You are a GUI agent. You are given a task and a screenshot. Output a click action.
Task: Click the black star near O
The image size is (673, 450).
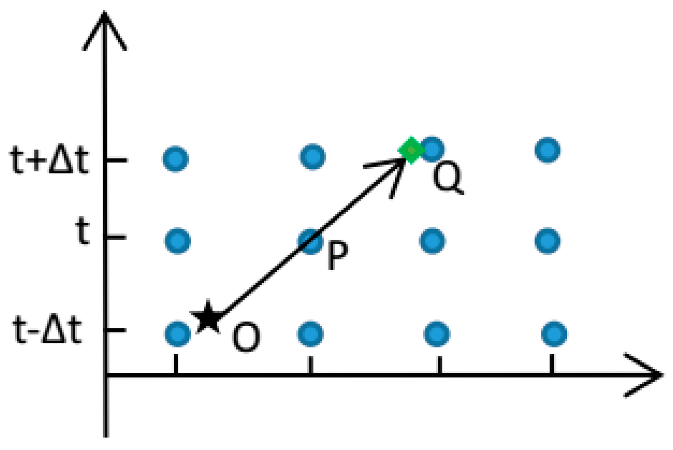[x=208, y=317]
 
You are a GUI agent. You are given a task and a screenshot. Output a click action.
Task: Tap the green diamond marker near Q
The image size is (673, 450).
[x=411, y=150]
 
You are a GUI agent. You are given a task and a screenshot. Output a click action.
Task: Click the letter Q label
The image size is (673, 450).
[x=447, y=178]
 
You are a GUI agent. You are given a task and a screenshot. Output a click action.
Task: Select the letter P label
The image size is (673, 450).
[x=337, y=256]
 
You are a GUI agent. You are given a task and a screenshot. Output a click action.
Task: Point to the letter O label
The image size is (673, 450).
[x=246, y=337]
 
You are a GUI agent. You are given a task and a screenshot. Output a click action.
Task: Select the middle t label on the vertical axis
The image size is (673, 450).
[x=83, y=232]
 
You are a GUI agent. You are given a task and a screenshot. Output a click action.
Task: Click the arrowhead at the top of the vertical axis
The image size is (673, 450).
[x=105, y=30]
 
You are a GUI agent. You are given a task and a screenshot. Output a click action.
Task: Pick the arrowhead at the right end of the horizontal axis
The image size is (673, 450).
[x=645, y=375]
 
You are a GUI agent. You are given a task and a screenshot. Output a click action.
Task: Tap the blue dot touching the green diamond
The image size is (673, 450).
[x=432, y=148]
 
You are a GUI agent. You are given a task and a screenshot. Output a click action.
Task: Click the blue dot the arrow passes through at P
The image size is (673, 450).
[x=311, y=241]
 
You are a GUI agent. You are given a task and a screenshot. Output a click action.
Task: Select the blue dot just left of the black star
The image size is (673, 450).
[x=178, y=333]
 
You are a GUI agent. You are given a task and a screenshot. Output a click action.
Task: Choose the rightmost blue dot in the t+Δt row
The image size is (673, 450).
[x=548, y=150]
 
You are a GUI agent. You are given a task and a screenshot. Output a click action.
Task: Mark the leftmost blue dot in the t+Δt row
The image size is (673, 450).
[x=175, y=159]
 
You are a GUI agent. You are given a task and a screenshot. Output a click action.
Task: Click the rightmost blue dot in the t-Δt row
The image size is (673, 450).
[x=554, y=333]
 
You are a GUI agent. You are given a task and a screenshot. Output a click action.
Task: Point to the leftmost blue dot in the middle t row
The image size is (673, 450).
[x=177, y=241]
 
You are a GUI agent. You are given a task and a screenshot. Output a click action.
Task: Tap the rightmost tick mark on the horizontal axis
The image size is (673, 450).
[x=552, y=364]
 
